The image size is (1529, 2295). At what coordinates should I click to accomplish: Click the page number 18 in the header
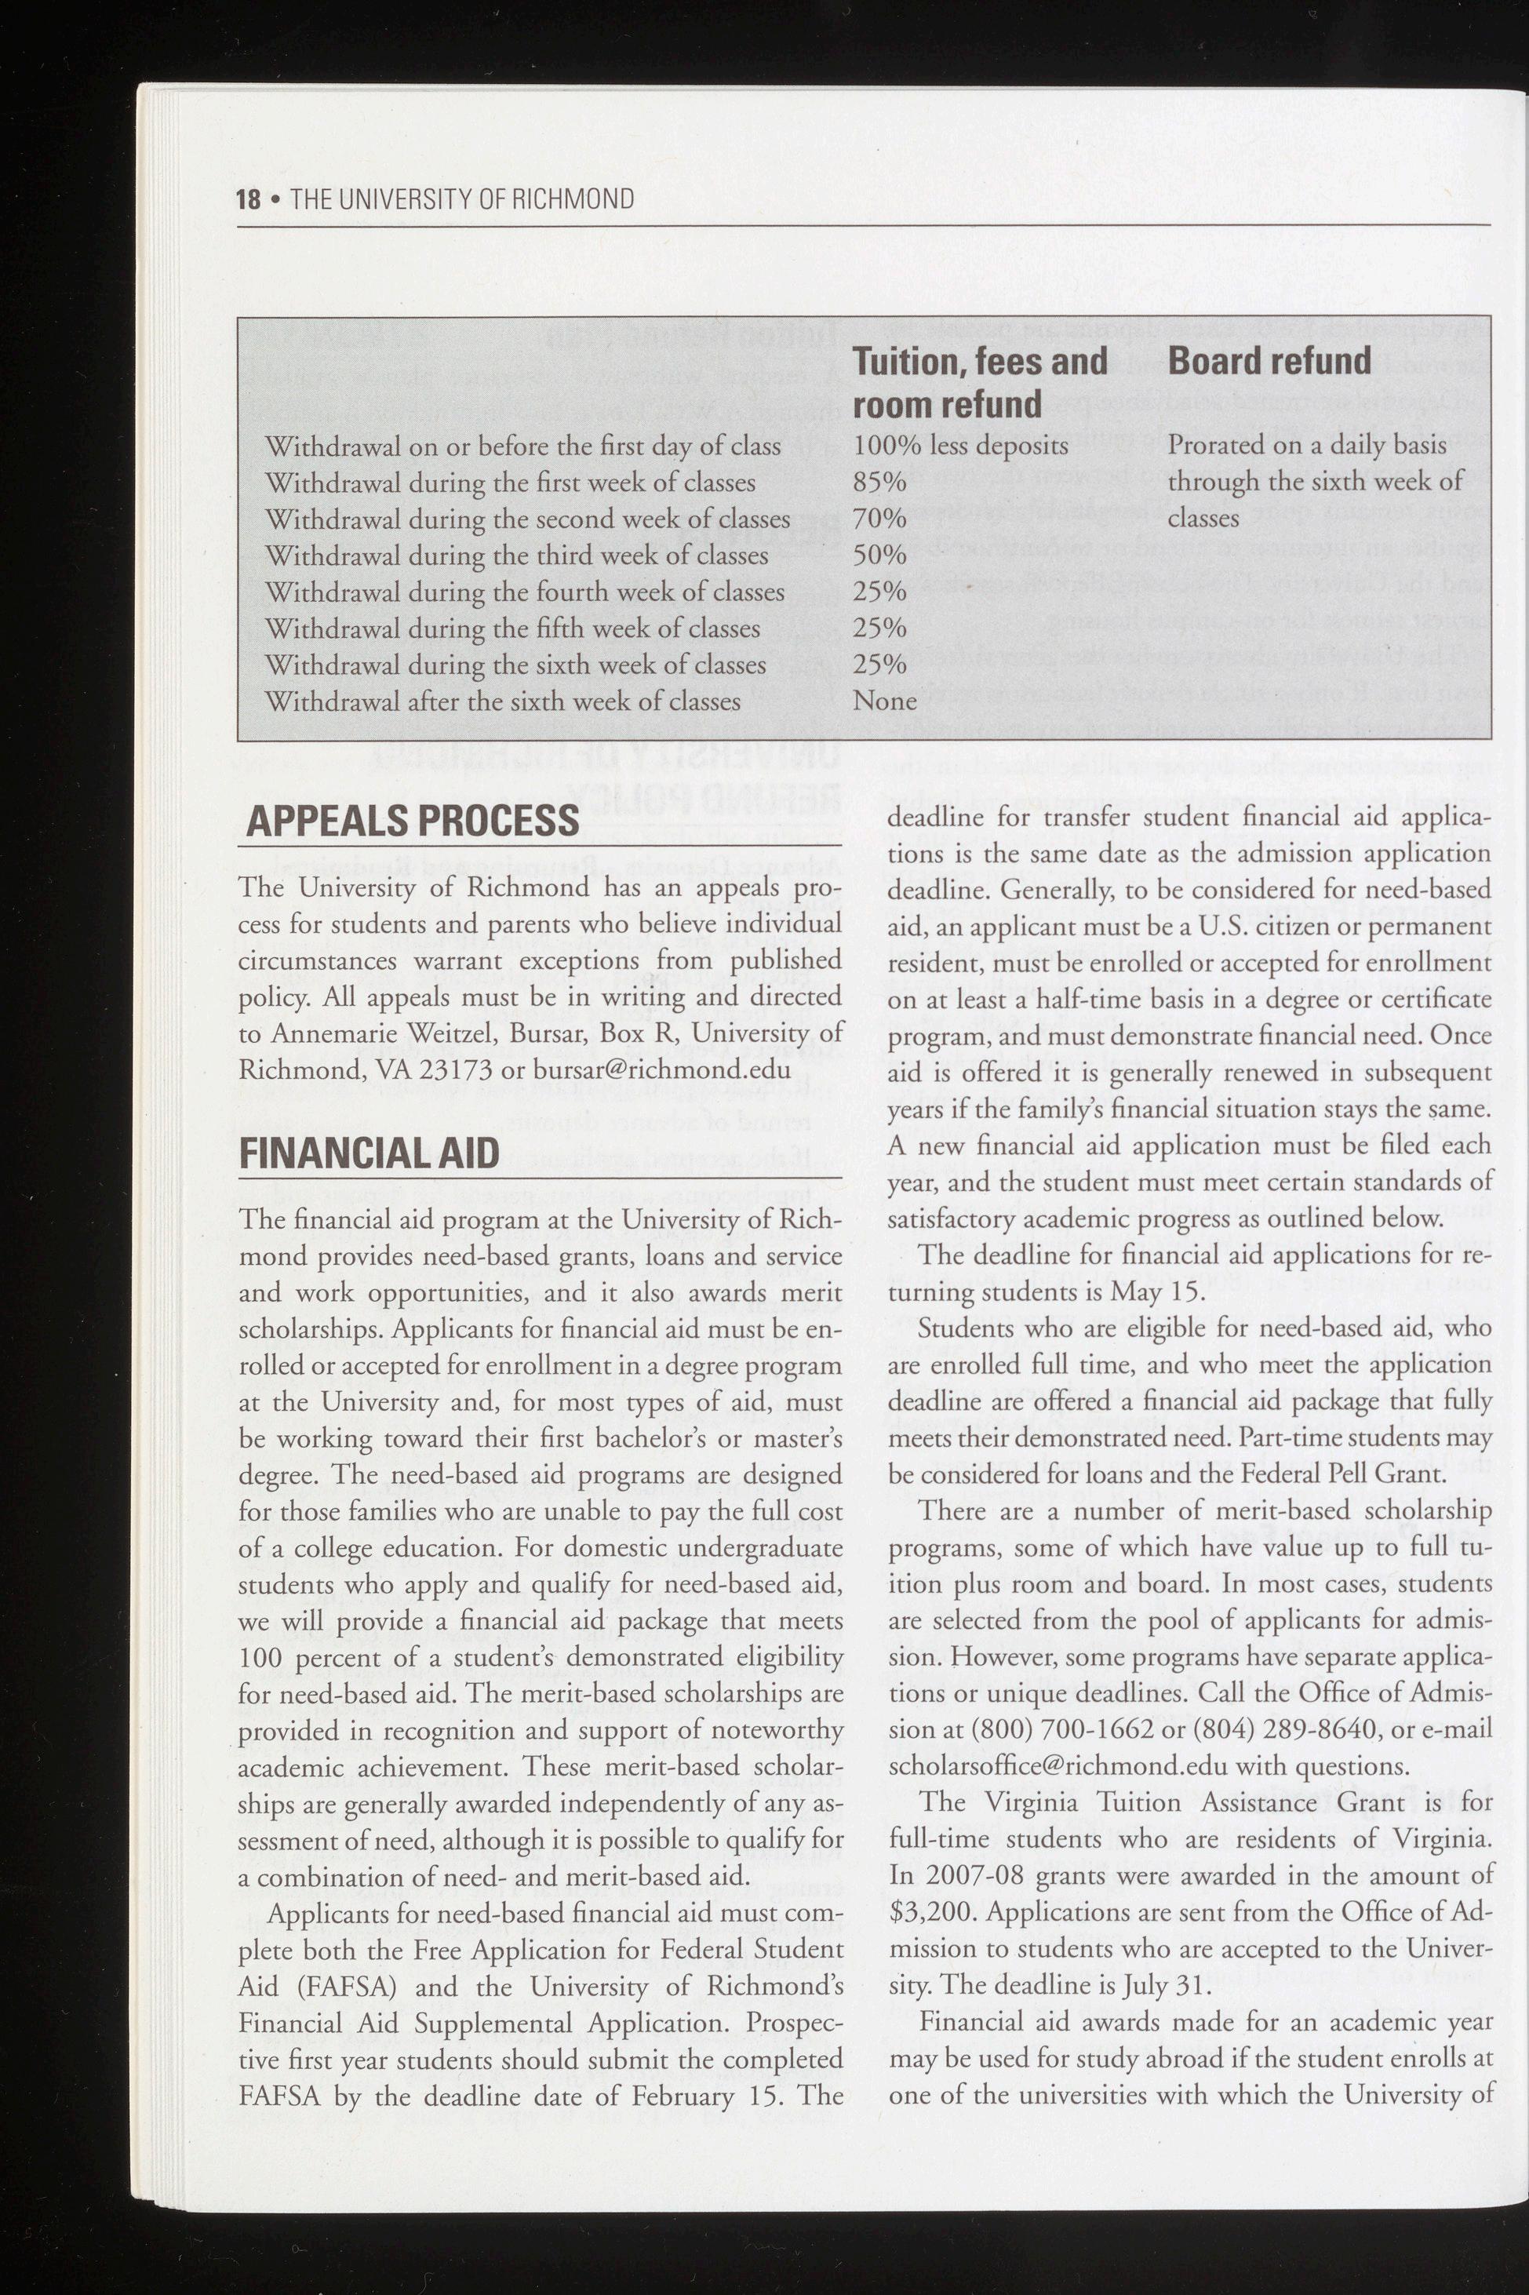coord(248,199)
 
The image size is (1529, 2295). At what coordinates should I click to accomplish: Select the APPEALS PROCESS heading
coord(413,820)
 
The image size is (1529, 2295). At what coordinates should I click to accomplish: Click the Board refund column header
coord(1269,361)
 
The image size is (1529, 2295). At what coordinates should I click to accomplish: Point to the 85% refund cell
coord(879,482)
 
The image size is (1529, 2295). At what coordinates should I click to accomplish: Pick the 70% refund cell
coord(879,519)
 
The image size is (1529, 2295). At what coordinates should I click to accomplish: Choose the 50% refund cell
coord(879,555)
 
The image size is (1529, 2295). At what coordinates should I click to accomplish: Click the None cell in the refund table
coord(884,701)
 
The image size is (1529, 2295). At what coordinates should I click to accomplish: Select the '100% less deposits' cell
coord(959,446)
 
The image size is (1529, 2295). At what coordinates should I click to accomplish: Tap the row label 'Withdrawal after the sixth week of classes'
coord(502,701)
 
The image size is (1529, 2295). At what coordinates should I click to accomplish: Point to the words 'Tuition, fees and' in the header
coord(980,361)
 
